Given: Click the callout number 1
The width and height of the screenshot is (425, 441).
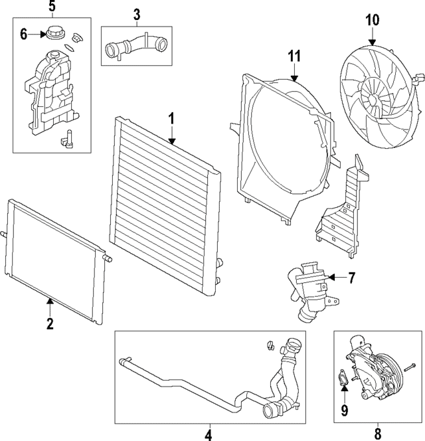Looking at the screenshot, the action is [x=171, y=118].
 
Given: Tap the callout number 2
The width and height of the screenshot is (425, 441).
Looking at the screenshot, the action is [x=50, y=323].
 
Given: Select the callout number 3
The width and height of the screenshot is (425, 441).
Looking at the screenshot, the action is [x=136, y=15].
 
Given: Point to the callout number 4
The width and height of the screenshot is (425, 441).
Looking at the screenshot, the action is [x=208, y=434].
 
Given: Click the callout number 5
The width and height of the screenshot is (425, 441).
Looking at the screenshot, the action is [x=52, y=6].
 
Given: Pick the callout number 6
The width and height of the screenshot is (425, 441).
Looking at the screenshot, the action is [x=24, y=35].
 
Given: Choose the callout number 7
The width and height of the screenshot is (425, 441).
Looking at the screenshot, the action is [x=351, y=278].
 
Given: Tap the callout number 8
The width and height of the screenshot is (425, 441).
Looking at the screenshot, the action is [x=378, y=434].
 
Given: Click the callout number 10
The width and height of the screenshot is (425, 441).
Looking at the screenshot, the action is [x=372, y=20].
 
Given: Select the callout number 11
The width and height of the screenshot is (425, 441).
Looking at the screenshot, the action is [x=294, y=56].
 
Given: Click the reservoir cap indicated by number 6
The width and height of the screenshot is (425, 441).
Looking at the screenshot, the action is [x=55, y=33].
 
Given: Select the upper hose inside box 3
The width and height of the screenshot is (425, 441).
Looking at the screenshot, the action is [x=136, y=46].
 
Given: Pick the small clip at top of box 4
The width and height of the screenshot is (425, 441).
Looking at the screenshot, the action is [x=270, y=345].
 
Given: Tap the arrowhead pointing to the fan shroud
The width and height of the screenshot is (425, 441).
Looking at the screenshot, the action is [x=294, y=78].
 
